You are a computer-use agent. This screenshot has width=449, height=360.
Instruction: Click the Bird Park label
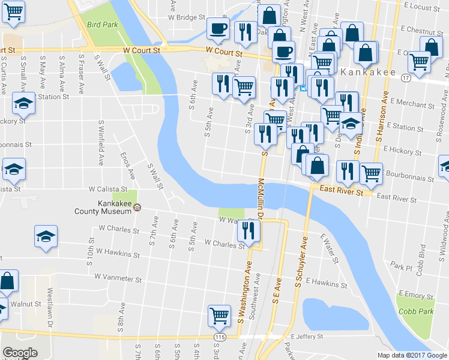(101, 25)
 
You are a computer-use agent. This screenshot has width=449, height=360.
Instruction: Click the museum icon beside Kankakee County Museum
(138, 208)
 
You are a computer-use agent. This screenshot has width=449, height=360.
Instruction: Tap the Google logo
(20, 353)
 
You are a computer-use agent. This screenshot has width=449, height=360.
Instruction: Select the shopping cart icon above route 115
(220, 316)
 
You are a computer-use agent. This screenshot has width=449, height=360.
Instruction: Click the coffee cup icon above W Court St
(218, 28)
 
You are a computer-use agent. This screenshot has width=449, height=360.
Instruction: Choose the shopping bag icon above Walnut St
(8, 280)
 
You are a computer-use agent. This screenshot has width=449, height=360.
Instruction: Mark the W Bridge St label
(187, 18)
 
